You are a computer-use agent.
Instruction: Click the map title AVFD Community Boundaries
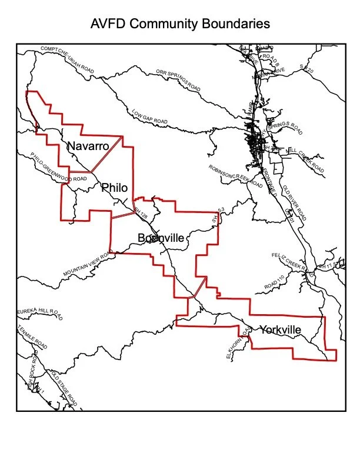click(x=180, y=24)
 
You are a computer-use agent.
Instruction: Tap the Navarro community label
click(x=88, y=146)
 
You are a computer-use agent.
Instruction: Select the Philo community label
click(x=114, y=188)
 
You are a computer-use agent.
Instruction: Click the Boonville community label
click(x=161, y=238)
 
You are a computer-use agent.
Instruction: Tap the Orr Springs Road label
click(x=178, y=80)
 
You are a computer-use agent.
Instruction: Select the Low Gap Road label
click(x=149, y=116)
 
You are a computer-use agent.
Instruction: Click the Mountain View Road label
click(x=87, y=265)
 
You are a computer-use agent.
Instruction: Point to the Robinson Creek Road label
click(x=235, y=176)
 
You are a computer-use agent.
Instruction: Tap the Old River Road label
click(x=294, y=202)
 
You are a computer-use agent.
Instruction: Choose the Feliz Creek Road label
click(x=292, y=262)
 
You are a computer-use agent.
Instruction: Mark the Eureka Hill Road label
click(x=39, y=313)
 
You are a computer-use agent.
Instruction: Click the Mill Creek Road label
click(x=305, y=159)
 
